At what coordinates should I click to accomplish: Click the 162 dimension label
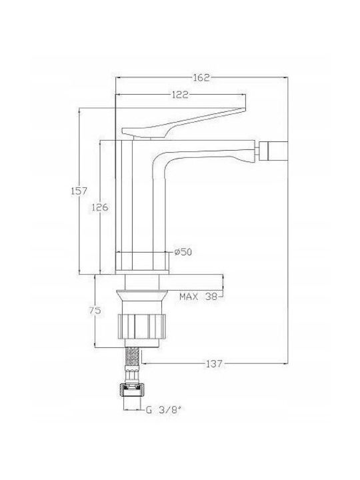click(x=201, y=78)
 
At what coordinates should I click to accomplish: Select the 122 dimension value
click(x=180, y=95)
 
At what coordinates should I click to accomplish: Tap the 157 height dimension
click(x=79, y=191)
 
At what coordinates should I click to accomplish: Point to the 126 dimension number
click(x=100, y=207)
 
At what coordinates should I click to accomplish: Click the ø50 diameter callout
click(x=183, y=252)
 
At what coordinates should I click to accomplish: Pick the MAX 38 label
click(x=199, y=296)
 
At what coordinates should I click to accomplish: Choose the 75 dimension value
click(x=95, y=311)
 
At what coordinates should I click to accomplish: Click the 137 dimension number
click(x=214, y=364)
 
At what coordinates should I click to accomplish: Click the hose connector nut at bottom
click(x=131, y=391)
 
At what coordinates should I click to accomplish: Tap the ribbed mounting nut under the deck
click(x=141, y=326)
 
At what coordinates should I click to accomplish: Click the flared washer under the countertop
click(x=142, y=295)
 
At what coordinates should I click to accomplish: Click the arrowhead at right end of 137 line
click(x=286, y=364)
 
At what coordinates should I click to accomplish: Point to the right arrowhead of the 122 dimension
click(x=243, y=95)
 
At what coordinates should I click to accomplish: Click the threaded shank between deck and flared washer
click(x=142, y=282)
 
